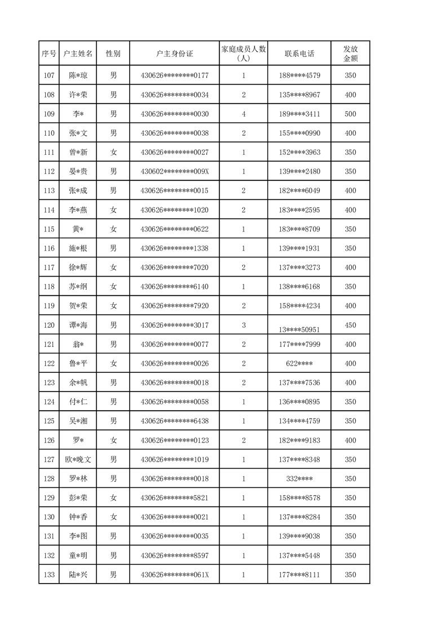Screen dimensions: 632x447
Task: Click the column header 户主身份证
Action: (x=174, y=54)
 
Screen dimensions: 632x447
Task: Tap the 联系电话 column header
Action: (x=299, y=54)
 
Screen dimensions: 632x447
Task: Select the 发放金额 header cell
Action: (x=350, y=54)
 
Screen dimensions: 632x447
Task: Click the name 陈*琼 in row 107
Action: (x=78, y=75)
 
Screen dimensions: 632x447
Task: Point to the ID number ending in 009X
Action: (x=174, y=172)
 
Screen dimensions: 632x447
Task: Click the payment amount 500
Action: (x=350, y=114)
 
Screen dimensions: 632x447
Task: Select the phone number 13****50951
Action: (x=299, y=329)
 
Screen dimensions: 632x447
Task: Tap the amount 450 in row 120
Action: (x=350, y=325)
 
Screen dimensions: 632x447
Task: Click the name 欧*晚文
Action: (x=78, y=460)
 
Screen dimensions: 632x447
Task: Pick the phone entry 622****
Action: (x=299, y=364)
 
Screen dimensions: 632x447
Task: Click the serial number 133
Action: (x=49, y=575)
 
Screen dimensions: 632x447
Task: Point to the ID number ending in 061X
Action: (x=174, y=575)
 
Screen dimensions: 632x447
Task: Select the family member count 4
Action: (x=244, y=114)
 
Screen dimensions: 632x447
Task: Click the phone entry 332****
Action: (x=299, y=479)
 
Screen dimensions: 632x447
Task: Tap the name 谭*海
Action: (x=78, y=325)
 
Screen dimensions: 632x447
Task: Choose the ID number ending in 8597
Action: (x=174, y=556)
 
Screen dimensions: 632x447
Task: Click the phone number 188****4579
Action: (x=299, y=75)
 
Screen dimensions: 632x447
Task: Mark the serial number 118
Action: (x=49, y=287)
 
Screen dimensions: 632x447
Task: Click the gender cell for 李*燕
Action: (x=113, y=210)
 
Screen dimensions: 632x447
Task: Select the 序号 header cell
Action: (x=49, y=54)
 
